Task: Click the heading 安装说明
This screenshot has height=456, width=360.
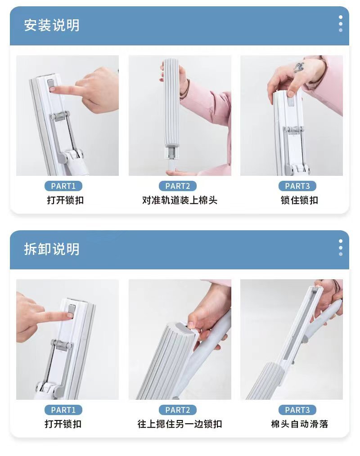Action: click(x=51, y=25)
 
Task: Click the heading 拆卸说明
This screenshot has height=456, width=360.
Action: click(x=51, y=249)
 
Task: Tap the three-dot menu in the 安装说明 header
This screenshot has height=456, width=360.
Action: click(x=341, y=23)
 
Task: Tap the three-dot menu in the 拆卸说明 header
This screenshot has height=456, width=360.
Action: click(x=341, y=247)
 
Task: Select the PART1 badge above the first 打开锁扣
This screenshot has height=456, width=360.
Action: click(x=63, y=186)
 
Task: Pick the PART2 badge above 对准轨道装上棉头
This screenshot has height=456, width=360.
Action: click(x=178, y=186)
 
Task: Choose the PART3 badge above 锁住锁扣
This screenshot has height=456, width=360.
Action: click(x=297, y=186)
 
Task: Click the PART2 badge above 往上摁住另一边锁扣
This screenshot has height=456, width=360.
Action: click(x=178, y=410)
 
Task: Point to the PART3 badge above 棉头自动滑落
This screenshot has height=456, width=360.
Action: click(x=297, y=410)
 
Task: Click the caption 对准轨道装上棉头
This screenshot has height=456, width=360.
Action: click(x=180, y=200)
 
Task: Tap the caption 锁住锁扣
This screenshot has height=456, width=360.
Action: click(x=299, y=200)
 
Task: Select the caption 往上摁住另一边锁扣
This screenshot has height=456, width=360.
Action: click(x=180, y=424)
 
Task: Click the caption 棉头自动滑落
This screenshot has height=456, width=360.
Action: click(x=299, y=424)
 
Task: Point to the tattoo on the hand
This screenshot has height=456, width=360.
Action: click(x=299, y=67)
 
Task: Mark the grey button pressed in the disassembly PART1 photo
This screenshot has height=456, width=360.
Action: click(x=71, y=312)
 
